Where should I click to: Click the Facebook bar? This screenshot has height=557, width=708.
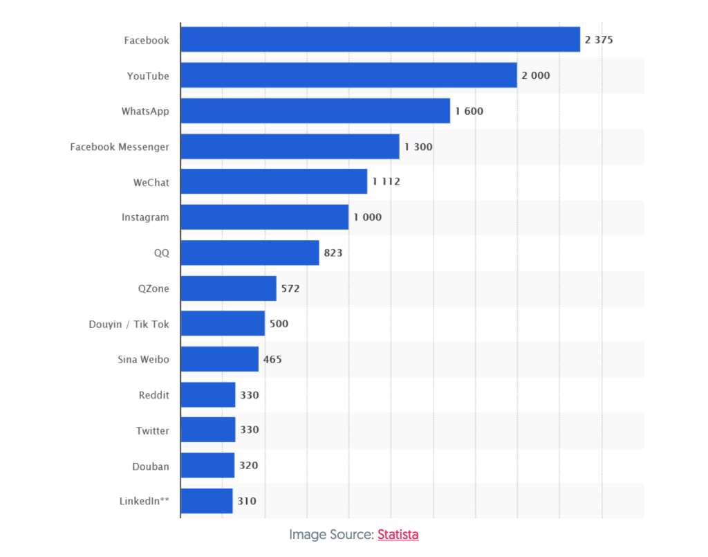point(380,39)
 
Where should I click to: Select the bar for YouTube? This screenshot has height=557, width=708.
point(348,75)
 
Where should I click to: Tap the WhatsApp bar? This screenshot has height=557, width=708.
point(315,111)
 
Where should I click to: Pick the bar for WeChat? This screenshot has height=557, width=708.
point(274,182)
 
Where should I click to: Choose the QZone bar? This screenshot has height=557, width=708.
point(228,288)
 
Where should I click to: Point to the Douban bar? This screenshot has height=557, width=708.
point(207,466)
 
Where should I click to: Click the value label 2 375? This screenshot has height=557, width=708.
point(599,39)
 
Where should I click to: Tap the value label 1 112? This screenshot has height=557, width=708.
point(386,182)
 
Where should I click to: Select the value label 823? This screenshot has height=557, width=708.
point(333,253)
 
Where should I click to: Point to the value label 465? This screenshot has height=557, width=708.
point(272,360)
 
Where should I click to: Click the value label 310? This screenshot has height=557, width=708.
point(247,501)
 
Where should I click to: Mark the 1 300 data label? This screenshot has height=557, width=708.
point(418,147)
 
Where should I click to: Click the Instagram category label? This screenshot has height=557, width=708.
point(145,217)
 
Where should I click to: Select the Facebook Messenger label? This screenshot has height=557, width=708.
point(120,147)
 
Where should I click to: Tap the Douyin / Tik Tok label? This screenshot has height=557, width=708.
point(129,324)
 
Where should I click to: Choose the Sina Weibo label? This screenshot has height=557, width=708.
point(144,360)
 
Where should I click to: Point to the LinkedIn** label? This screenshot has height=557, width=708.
point(145,501)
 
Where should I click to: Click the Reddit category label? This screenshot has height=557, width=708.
point(153,395)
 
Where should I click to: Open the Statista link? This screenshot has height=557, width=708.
point(398,534)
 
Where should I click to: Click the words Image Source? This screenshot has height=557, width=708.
point(331,534)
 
